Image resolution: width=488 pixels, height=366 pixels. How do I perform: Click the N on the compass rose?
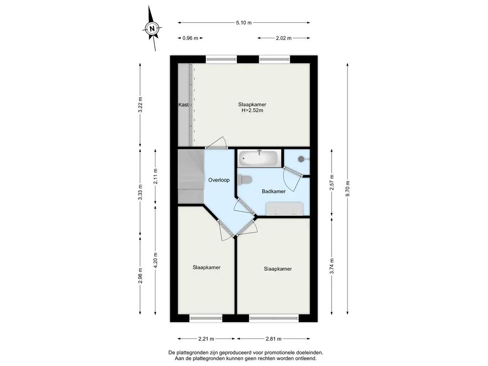[152, 29]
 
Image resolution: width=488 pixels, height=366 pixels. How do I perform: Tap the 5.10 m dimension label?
[244, 23]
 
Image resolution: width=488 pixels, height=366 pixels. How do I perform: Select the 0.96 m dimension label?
[191, 38]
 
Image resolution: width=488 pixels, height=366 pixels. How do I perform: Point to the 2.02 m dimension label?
[284, 38]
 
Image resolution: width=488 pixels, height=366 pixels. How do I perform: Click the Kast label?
[183, 105]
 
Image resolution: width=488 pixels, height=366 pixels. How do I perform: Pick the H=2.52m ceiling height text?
[253, 111]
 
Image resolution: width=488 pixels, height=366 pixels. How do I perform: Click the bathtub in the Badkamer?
[258, 158]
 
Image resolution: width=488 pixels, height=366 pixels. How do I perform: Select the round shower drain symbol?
[301, 159]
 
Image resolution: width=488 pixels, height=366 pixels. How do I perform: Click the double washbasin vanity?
[284, 209]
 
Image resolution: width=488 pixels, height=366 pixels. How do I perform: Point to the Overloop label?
[219, 180]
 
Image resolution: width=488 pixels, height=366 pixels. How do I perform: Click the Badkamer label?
[274, 192]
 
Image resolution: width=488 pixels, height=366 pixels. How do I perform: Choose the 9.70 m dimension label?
[347, 189]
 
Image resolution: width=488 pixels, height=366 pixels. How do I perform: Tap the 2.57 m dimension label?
[332, 183]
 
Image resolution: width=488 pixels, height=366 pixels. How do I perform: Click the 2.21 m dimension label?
[206, 339]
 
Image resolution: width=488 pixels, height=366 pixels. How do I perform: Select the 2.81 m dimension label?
[274, 339]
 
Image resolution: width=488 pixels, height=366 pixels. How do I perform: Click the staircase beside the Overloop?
[191, 176]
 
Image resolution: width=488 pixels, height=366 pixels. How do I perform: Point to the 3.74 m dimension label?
[332, 266]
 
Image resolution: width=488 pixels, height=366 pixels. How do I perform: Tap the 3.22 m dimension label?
[140, 105]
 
